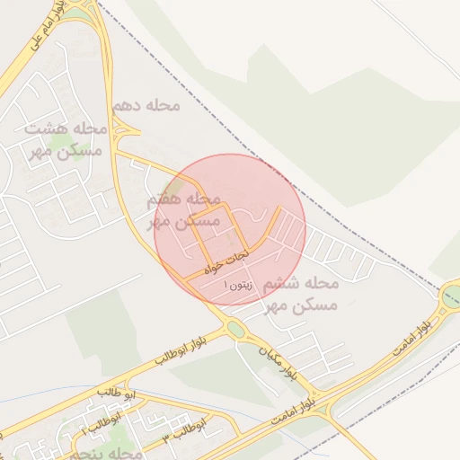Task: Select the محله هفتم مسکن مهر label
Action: click(184, 209)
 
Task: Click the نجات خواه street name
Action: click(224, 262)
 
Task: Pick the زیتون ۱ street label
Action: click(239, 284)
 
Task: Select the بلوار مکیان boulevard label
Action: click(279, 359)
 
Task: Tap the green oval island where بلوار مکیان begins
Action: click(234, 330)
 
